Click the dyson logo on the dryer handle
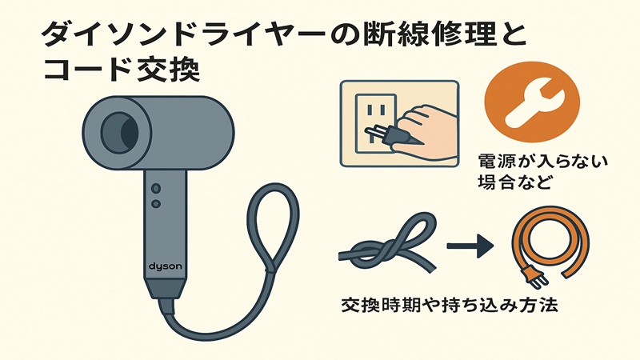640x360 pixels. tap(166, 267)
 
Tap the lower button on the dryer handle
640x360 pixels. tap(155, 204)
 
